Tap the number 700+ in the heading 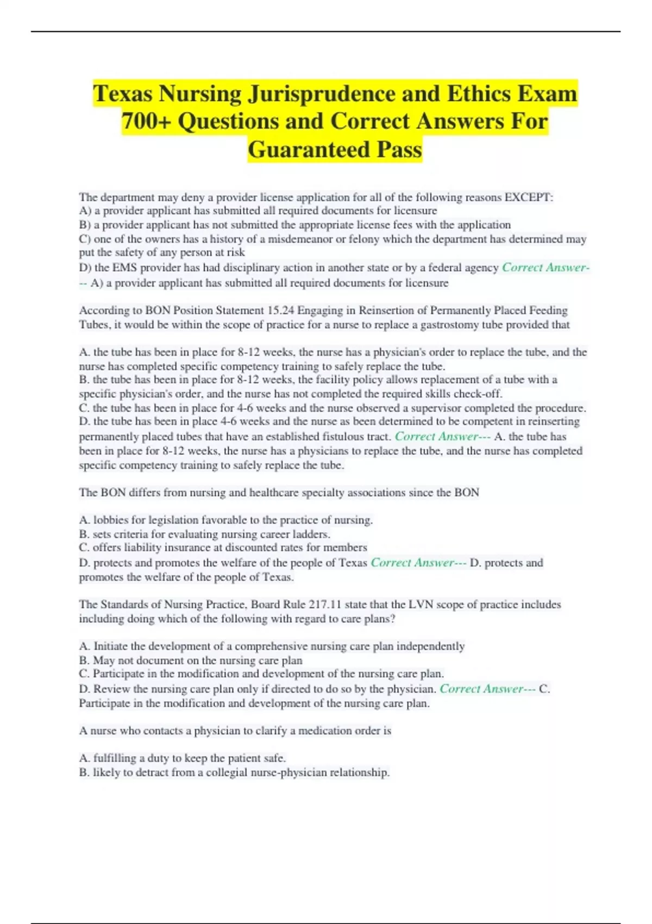pos(145,121)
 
